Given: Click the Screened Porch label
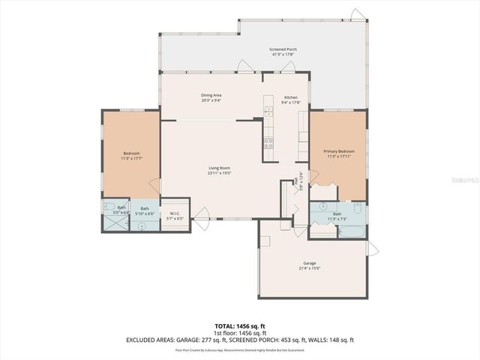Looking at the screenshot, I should click(282, 49).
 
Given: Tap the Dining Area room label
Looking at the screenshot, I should click(211, 95).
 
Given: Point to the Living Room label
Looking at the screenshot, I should click(219, 168).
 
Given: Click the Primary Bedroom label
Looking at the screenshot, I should click(339, 151).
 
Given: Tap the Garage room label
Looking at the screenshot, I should click(310, 262).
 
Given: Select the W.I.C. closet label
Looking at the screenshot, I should click(174, 213).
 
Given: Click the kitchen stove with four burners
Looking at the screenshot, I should click(268, 142).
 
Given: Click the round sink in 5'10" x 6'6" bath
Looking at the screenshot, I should click(140, 226).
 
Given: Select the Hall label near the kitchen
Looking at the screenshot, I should click(300, 180).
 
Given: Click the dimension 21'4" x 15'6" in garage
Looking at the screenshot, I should click(310, 268).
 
